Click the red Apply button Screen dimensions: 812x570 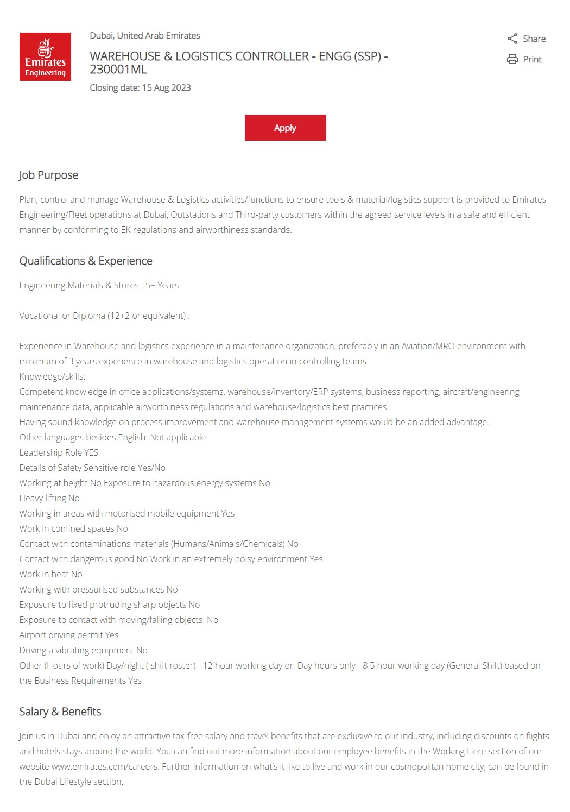pos(285,128)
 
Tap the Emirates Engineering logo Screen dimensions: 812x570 pos(45,56)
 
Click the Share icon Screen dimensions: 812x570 pos(512,39)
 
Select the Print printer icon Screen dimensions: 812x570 pos(512,59)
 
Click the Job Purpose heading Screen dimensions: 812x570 pos(49,175)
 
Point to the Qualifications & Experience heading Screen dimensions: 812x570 pos(86,261)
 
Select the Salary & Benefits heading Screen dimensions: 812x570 pos(60,712)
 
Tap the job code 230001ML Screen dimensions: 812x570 pos(118,70)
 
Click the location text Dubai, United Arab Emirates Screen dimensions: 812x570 pos(145,35)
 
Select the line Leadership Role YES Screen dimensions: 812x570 pos(59,452)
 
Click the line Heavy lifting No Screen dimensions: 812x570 pos(49,498)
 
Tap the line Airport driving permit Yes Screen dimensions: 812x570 pos(69,635)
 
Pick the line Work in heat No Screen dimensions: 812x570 pos(51,574)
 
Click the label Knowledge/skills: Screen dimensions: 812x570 pos(52,376)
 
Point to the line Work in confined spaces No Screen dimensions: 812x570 pos(74,528)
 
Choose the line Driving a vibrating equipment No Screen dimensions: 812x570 pos(84,650)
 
